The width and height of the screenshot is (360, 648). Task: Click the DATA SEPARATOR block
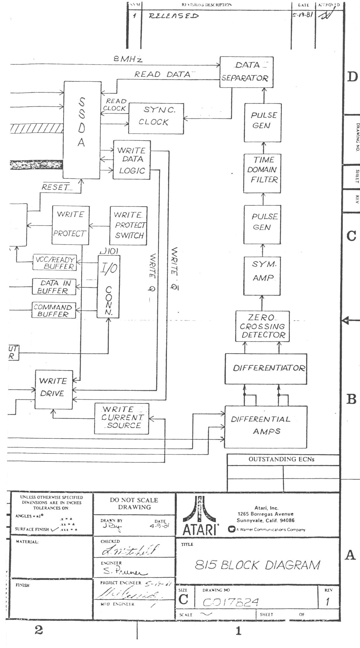(x=246, y=72)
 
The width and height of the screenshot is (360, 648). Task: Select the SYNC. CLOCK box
(x=156, y=118)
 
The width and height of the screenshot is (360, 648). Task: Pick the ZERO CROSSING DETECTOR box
(x=262, y=326)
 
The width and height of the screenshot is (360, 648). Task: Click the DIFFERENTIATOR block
(x=266, y=369)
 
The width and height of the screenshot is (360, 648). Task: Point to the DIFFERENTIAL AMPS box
(x=265, y=426)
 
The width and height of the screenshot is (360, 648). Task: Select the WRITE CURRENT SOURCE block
(x=121, y=418)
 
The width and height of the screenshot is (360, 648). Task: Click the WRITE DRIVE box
(x=54, y=389)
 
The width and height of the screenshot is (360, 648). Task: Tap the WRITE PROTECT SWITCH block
(x=128, y=226)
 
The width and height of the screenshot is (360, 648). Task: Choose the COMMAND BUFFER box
(x=54, y=310)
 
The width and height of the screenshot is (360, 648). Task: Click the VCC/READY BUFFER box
(x=54, y=263)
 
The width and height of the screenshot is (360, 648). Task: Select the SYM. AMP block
(x=262, y=276)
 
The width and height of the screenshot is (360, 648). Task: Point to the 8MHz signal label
(x=128, y=59)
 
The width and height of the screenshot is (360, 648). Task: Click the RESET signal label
(x=55, y=187)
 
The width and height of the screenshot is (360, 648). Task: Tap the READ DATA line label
(x=162, y=74)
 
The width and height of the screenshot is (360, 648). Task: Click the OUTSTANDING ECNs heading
(x=281, y=459)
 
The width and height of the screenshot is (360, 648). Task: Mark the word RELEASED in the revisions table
(x=173, y=16)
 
